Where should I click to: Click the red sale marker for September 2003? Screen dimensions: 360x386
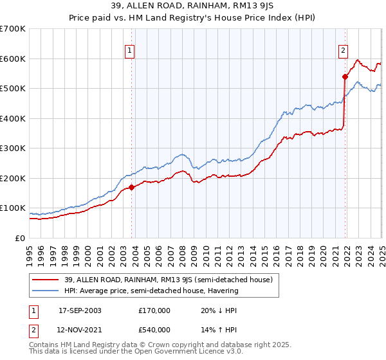click(132, 187)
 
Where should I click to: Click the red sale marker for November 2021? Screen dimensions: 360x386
click(345, 76)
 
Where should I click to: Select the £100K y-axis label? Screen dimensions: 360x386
click(13, 208)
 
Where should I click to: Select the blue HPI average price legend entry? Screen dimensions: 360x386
click(151, 291)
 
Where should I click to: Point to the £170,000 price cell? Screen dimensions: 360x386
click(154, 310)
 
